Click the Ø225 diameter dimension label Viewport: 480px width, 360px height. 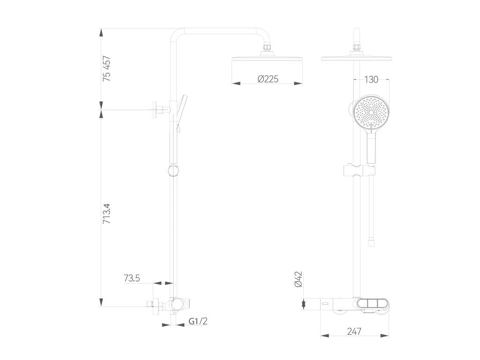(x=268, y=79)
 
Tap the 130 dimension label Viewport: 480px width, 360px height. (x=371, y=80)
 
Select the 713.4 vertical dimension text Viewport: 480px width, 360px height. (x=107, y=214)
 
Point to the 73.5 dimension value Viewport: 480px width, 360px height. (x=132, y=278)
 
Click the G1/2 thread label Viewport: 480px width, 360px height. (x=198, y=321)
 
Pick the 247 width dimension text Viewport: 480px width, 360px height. (x=354, y=331)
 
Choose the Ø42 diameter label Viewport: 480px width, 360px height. (x=298, y=279)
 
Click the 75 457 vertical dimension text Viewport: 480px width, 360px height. (x=107, y=68)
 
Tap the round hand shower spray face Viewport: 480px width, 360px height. (x=371, y=112)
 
